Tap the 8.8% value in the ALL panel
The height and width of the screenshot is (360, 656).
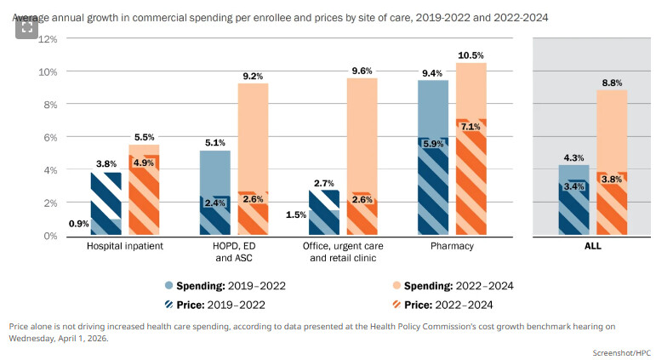[x=613, y=83]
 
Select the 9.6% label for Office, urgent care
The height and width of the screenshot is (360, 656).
[x=362, y=71]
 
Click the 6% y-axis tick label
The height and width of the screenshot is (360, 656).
[x=49, y=137]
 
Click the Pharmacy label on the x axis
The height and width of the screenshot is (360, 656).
[x=453, y=246]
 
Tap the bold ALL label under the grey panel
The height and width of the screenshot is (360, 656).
[x=592, y=246]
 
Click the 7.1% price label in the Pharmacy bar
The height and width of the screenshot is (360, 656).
[x=471, y=127]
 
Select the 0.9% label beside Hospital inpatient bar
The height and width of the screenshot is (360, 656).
[x=78, y=224]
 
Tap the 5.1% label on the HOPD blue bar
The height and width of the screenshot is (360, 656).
[x=215, y=143]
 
